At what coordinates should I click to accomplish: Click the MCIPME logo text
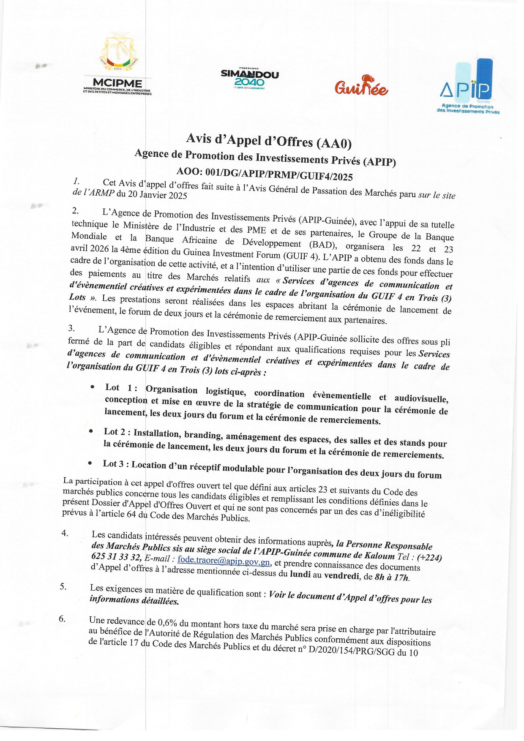[117, 83]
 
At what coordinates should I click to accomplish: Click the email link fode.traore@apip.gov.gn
[224, 561]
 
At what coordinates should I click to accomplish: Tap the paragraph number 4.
[65, 533]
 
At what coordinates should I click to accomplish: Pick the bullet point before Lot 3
[90, 463]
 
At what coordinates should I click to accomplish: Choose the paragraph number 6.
[62, 619]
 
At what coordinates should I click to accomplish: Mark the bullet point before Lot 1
[92, 387]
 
